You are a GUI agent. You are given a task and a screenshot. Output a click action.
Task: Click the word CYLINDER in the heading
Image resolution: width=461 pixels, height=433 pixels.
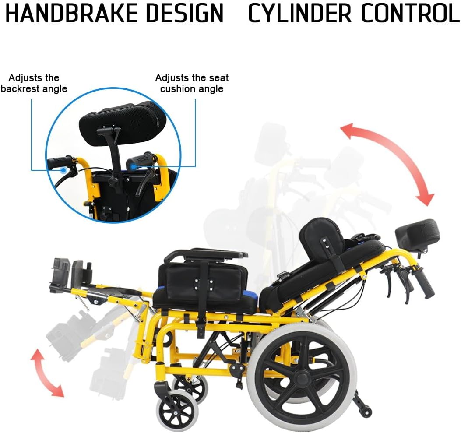click(x=300, y=13)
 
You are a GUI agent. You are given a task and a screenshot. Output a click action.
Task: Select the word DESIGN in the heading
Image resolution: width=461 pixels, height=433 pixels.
click(x=185, y=13)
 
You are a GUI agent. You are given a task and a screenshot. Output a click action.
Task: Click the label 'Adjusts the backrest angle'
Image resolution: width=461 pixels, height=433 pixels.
click(x=34, y=83)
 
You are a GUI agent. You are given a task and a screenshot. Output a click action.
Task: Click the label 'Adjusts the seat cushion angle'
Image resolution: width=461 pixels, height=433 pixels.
click(x=192, y=83)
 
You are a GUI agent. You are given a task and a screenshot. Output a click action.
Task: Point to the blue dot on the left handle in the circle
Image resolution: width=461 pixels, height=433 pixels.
click(x=63, y=169)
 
